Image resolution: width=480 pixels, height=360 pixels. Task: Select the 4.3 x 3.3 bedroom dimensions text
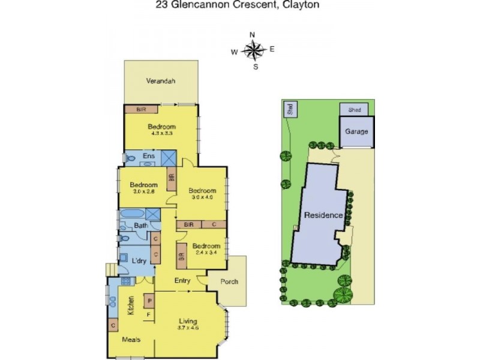[161, 133]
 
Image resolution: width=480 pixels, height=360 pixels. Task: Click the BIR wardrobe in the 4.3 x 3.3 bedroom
[141, 109]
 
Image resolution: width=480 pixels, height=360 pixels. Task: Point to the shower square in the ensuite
[169, 158]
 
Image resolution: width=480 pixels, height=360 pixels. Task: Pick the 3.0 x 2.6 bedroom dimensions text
[144, 191]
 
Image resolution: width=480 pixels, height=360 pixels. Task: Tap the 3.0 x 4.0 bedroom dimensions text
[202, 197]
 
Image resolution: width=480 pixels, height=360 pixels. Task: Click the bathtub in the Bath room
[132, 214]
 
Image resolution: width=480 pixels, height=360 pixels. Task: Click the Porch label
[229, 281]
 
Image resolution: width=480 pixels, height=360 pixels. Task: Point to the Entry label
[182, 281]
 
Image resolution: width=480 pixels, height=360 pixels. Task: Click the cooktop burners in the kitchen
[127, 281]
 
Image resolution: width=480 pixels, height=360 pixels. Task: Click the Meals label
[131, 340]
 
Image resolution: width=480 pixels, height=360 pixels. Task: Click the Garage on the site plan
[356, 131]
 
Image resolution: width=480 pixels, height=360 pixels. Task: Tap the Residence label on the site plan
[323, 215]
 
